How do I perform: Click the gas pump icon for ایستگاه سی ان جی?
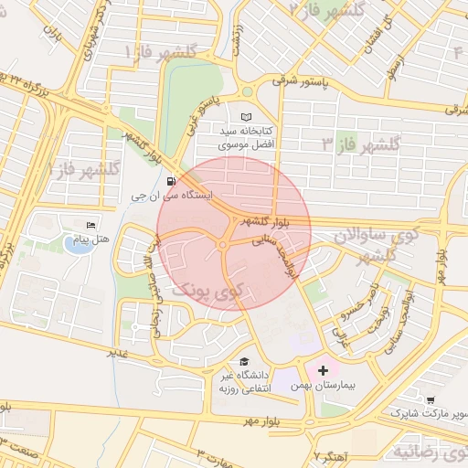(172, 181)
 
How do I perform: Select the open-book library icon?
(245, 117)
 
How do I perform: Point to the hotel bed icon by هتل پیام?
(90, 225)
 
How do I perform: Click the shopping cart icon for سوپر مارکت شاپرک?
(431, 399)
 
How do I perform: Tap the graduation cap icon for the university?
(243, 361)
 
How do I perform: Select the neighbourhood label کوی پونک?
(209, 291)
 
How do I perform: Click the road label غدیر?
(116, 351)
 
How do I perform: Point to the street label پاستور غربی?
(200, 115)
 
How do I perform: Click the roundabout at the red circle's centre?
(223, 244)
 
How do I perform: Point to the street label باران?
(53, 38)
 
